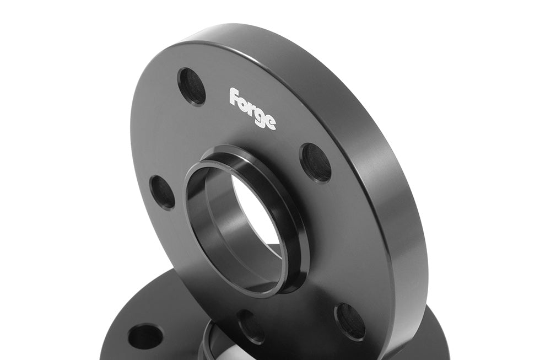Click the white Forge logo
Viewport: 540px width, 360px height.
point(253,108)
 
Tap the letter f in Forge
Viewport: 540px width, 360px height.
point(234,96)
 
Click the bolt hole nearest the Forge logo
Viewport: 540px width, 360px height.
point(192,87)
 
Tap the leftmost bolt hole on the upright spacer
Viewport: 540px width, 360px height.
point(162,192)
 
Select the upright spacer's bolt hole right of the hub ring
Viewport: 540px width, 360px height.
point(316,162)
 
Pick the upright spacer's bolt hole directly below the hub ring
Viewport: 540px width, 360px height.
point(250,326)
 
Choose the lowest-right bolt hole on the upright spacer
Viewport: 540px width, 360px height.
point(350,321)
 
